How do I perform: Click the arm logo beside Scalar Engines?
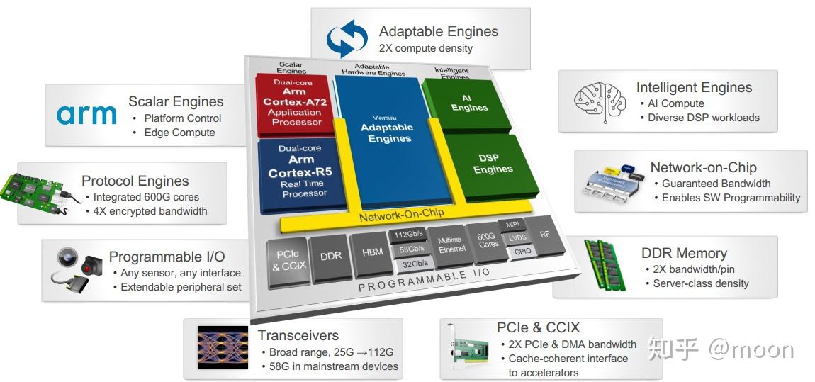click(86, 115)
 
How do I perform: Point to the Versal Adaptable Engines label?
click(386, 128)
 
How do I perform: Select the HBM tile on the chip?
click(371, 252)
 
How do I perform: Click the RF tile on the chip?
click(544, 233)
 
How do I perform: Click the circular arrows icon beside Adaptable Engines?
click(347, 39)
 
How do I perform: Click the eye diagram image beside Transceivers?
click(223, 349)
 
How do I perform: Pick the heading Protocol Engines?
click(135, 181)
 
